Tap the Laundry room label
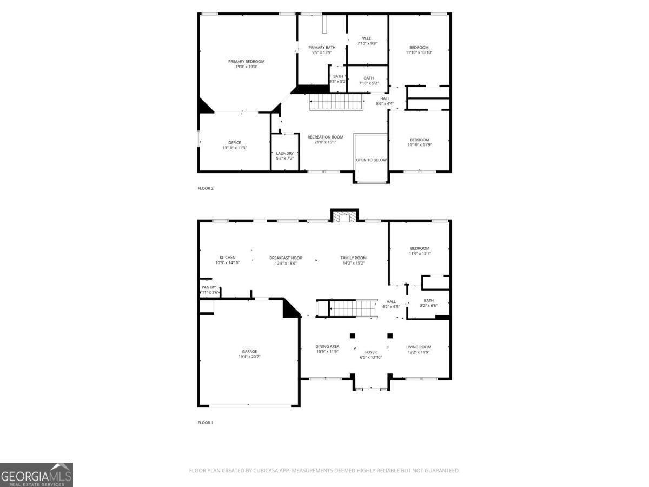click(x=284, y=153)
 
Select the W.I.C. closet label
click(x=367, y=38)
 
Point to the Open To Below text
click(x=371, y=160)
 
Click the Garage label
click(x=249, y=352)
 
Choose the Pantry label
click(x=209, y=287)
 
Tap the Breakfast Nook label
click(x=286, y=258)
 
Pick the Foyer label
click(x=371, y=352)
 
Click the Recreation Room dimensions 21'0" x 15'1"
click(x=326, y=142)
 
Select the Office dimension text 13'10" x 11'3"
click(x=234, y=148)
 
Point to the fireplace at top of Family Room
click(x=345, y=216)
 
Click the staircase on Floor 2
click(x=335, y=101)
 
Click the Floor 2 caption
click(x=206, y=188)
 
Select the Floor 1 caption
click(x=206, y=423)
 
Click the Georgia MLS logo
click(x=36, y=475)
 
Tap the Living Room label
click(x=419, y=347)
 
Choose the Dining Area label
click(x=327, y=346)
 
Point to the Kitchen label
click(x=227, y=258)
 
